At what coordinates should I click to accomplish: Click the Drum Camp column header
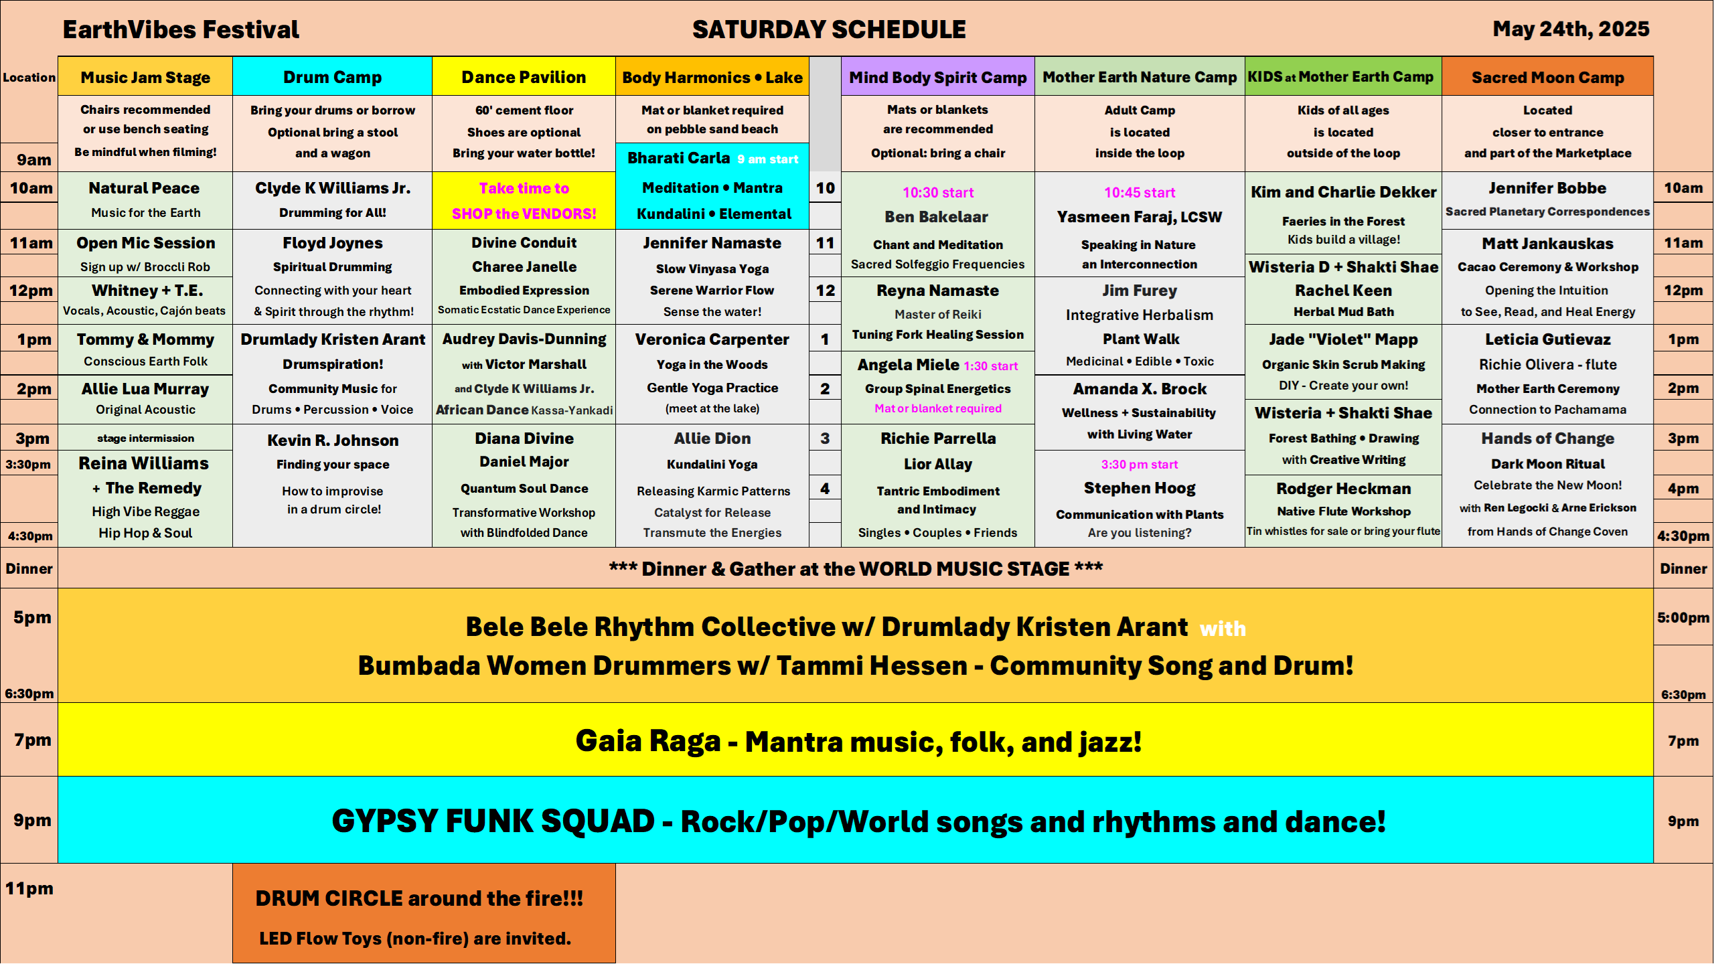tap(332, 77)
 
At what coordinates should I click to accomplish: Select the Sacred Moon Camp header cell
tap(1547, 77)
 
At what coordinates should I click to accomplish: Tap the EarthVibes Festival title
tap(181, 29)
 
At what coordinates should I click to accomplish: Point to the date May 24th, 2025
tap(1571, 29)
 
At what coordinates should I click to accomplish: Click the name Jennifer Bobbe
tap(1547, 188)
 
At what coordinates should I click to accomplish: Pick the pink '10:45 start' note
tap(1140, 193)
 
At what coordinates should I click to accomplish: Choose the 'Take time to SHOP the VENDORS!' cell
tap(524, 201)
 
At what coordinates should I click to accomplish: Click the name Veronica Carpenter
tap(712, 339)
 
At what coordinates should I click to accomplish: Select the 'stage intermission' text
tap(145, 438)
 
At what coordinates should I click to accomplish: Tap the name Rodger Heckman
tap(1343, 489)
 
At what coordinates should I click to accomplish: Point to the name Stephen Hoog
tap(1140, 488)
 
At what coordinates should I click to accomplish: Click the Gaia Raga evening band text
tap(858, 741)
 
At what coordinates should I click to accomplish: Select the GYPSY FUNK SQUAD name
tap(493, 821)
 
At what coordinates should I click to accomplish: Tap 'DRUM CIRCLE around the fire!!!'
tap(419, 898)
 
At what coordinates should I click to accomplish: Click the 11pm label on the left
tap(29, 889)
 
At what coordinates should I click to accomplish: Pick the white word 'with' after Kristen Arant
tap(1223, 629)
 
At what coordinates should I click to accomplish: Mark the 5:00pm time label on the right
tap(1683, 618)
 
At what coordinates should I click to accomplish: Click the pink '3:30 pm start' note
tap(1140, 465)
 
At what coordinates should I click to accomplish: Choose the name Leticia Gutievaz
tap(1547, 339)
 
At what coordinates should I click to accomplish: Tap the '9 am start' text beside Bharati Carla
tap(768, 159)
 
